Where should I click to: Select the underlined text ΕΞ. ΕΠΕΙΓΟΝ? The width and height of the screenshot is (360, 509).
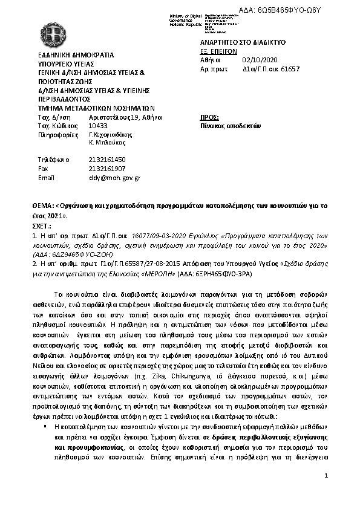click(x=217, y=52)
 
